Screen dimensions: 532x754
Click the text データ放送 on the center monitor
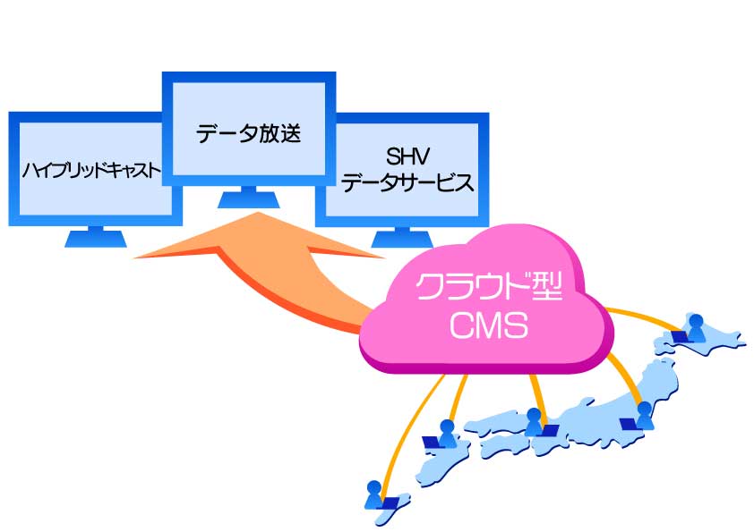(x=248, y=135)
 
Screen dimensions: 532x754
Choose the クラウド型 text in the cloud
(x=488, y=289)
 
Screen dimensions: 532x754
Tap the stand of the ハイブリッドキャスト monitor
(x=94, y=237)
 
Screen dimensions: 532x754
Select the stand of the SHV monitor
(x=400, y=238)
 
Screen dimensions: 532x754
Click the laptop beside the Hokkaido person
(x=678, y=336)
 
